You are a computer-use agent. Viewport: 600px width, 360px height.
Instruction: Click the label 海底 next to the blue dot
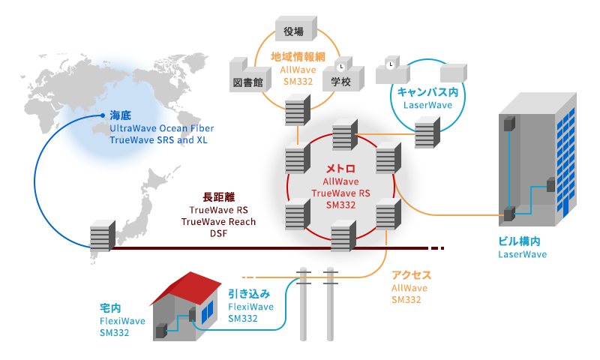tap(121, 116)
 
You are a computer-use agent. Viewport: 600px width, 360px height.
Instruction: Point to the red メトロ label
tap(340, 169)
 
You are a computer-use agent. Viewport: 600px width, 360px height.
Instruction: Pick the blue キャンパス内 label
tap(427, 91)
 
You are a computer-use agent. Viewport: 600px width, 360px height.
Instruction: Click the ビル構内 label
tap(519, 241)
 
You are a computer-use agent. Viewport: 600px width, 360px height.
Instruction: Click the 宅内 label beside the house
tap(110, 308)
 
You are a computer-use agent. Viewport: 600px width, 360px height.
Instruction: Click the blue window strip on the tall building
tap(570, 157)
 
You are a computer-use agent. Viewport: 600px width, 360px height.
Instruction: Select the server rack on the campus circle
tap(427, 133)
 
